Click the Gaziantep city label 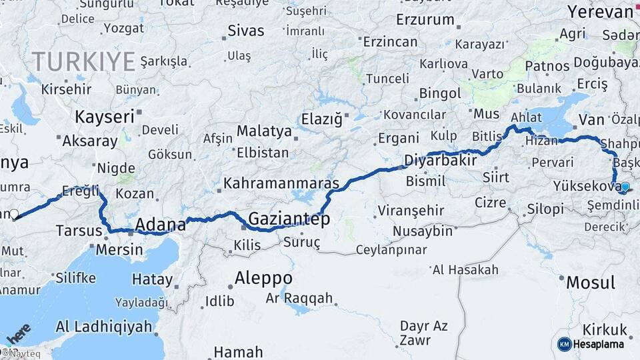click(x=289, y=219)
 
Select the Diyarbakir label click(x=441, y=161)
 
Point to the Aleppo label click(x=263, y=278)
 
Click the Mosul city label click(x=590, y=283)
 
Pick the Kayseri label click(x=105, y=117)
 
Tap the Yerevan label click(x=600, y=12)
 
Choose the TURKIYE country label click(x=84, y=61)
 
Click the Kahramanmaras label click(x=281, y=183)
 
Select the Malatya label click(x=264, y=131)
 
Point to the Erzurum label click(x=425, y=20)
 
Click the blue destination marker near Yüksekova click(x=625, y=187)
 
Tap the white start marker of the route click(x=14, y=215)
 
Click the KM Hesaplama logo click(x=591, y=344)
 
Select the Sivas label click(x=246, y=31)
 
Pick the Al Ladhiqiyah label click(x=104, y=327)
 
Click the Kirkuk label click(x=605, y=329)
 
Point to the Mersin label click(x=119, y=250)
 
